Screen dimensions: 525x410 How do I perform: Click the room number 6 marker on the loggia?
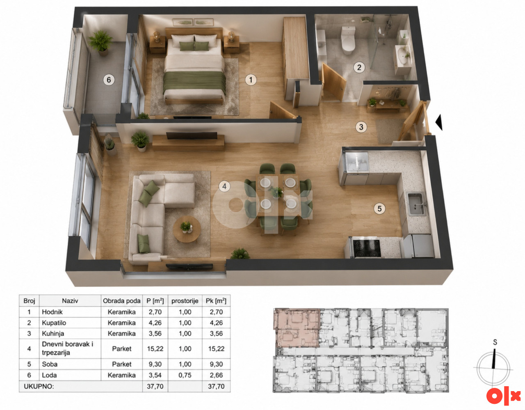(109, 80)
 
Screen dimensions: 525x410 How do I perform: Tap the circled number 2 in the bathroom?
(359, 67)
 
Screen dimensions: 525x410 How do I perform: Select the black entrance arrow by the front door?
(439, 122)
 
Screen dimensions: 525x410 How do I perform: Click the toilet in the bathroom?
(348, 40)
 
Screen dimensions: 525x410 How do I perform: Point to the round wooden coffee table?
(187, 229)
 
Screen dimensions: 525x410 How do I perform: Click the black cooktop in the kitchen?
(367, 248)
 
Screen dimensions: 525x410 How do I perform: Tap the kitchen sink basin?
(417, 204)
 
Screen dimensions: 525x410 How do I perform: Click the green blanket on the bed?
(194, 82)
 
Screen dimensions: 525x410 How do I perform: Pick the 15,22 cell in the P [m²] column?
(155, 348)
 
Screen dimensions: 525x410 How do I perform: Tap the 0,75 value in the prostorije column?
(185, 375)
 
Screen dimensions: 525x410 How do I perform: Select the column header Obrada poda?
(121, 301)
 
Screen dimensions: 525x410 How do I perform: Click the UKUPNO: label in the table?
(39, 386)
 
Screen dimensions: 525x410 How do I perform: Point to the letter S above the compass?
(495, 342)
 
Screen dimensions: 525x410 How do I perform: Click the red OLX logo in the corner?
(504, 395)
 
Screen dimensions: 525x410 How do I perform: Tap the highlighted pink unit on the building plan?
(297, 328)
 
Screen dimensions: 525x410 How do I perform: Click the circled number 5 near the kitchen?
(379, 208)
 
